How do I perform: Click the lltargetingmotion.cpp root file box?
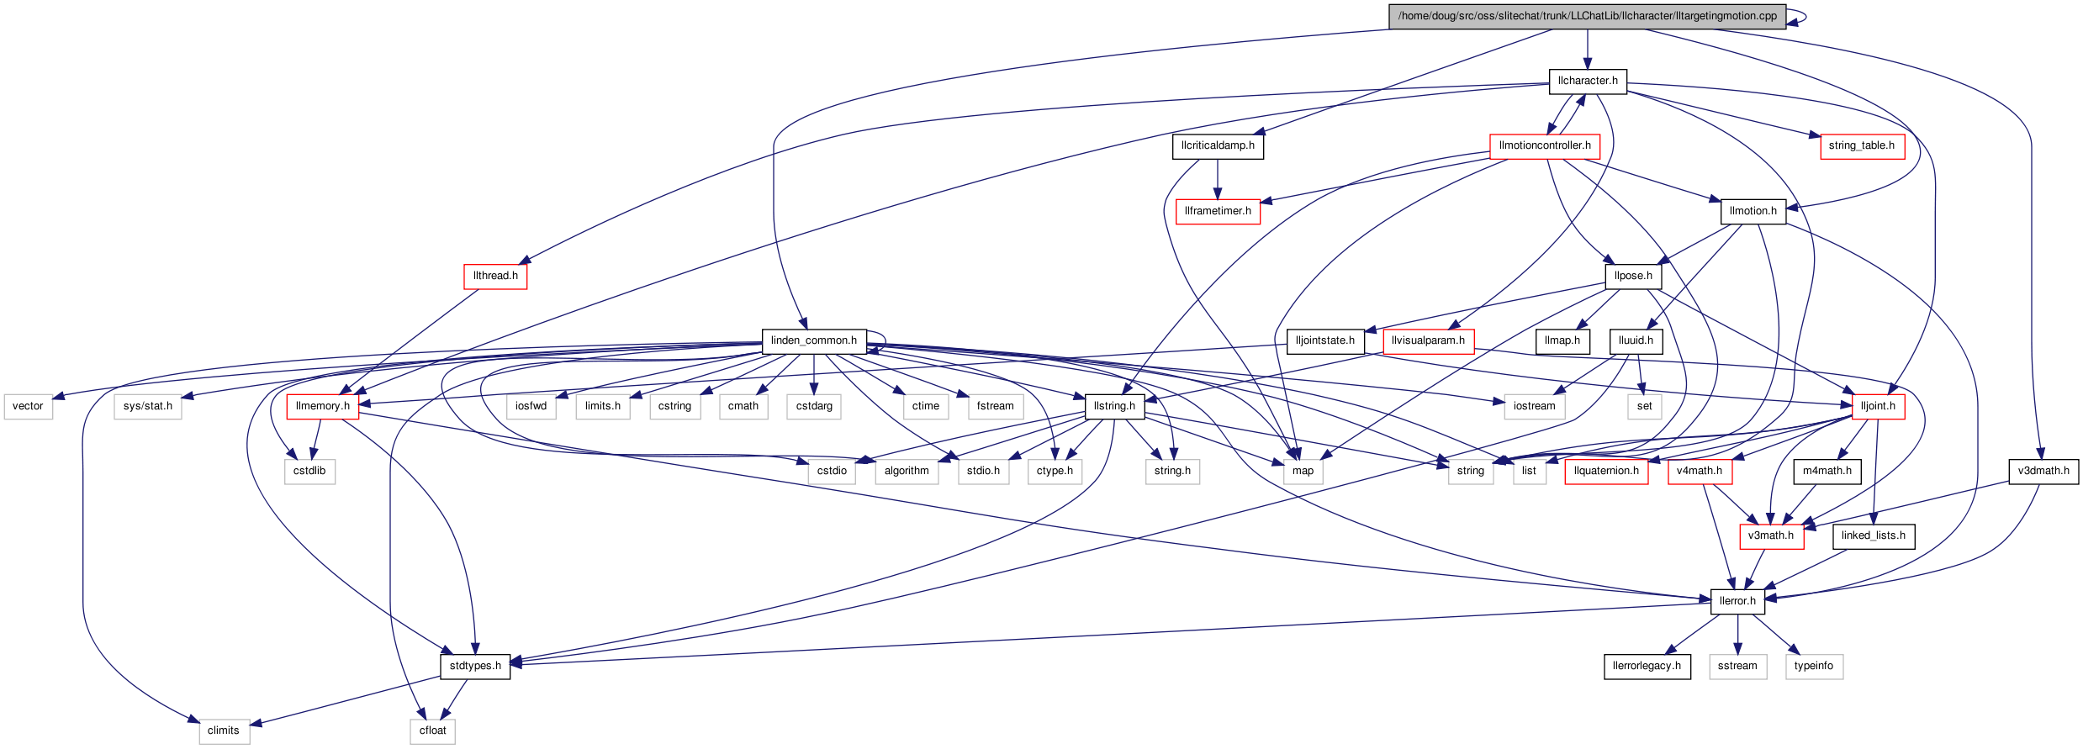[1587, 16]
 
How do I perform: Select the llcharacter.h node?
[1587, 81]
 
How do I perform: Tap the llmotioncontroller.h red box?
[1544, 145]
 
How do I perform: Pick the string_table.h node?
[1861, 145]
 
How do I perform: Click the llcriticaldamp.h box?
[1217, 145]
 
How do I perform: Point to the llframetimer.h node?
[1217, 211]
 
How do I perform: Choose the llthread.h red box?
[494, 276]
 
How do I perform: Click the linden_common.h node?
[813, 340]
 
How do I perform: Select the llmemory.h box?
[322, 406]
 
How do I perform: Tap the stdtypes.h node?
[474, 666]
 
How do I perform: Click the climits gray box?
[223, 731]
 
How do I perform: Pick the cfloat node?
[432, 731]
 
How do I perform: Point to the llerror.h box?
[1737, 601]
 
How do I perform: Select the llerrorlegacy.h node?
[1646, 666]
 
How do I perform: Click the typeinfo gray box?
[1813, 666]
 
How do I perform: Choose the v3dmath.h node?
[2043, 471]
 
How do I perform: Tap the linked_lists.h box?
[1873, 535]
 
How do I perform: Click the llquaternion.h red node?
[1605, 471]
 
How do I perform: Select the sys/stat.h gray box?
[147, 406]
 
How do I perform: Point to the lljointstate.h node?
[1324, 340]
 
